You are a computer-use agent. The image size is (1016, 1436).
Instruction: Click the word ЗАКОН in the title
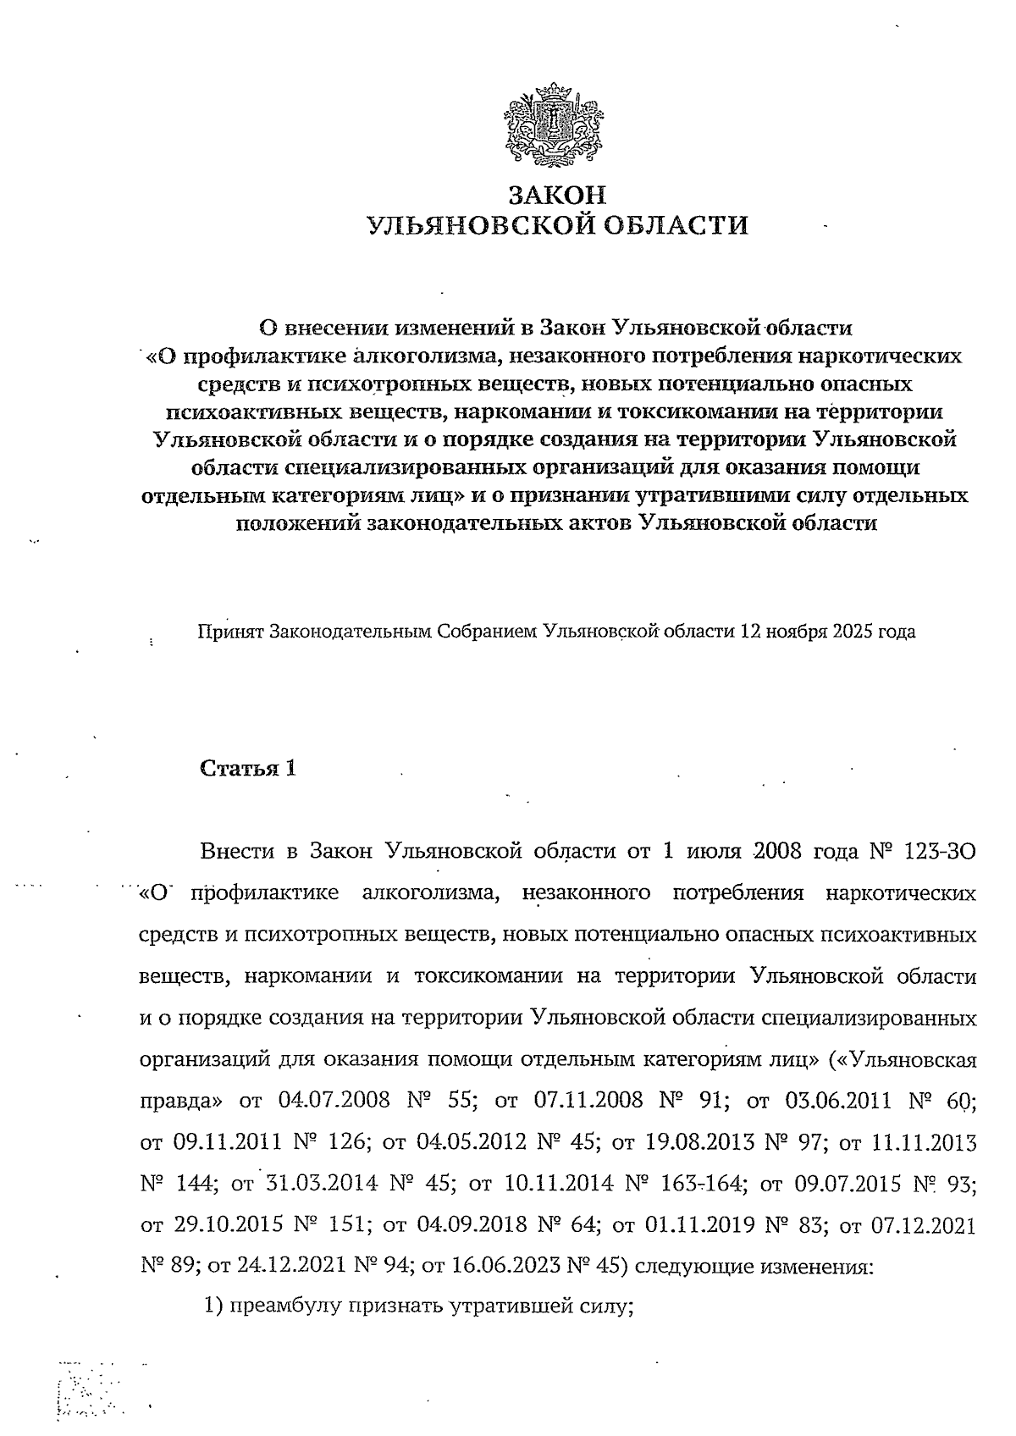(x=556, y=196)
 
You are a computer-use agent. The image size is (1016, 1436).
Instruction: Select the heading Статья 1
(x=248, y=768)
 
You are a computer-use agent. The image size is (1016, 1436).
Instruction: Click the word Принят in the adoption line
(x=229, y=632)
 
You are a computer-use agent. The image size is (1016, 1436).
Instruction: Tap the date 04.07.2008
(x=333, y=1101)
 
